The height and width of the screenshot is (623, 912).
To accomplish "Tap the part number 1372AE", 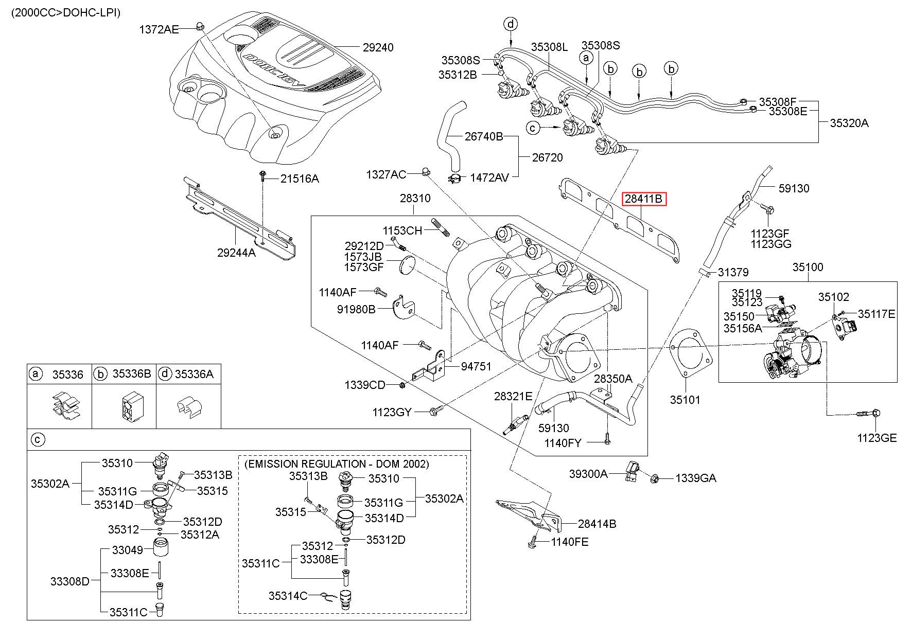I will click(x=159, y=30).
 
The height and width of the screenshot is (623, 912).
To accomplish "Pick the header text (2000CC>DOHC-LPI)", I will click(x=66, y=12).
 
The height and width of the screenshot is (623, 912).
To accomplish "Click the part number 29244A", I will click(x=236, y=253).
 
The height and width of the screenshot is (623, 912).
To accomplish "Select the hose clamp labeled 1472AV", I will click(x=455, y=179).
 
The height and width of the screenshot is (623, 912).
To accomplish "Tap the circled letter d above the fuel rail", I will click(x=511, y=24).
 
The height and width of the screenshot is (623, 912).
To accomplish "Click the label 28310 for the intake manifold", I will click(x=415, y=199).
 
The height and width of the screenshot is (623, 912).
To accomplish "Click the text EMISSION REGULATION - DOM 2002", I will click(x=337, y=464).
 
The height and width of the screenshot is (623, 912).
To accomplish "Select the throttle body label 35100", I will click(x=808, y=267).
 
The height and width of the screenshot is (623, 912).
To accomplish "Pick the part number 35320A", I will click(x=849, y=123).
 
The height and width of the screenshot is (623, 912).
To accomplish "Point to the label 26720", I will click(x=547, y=157).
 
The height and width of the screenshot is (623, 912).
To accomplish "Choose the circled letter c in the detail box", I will click(x=38, y=439).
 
